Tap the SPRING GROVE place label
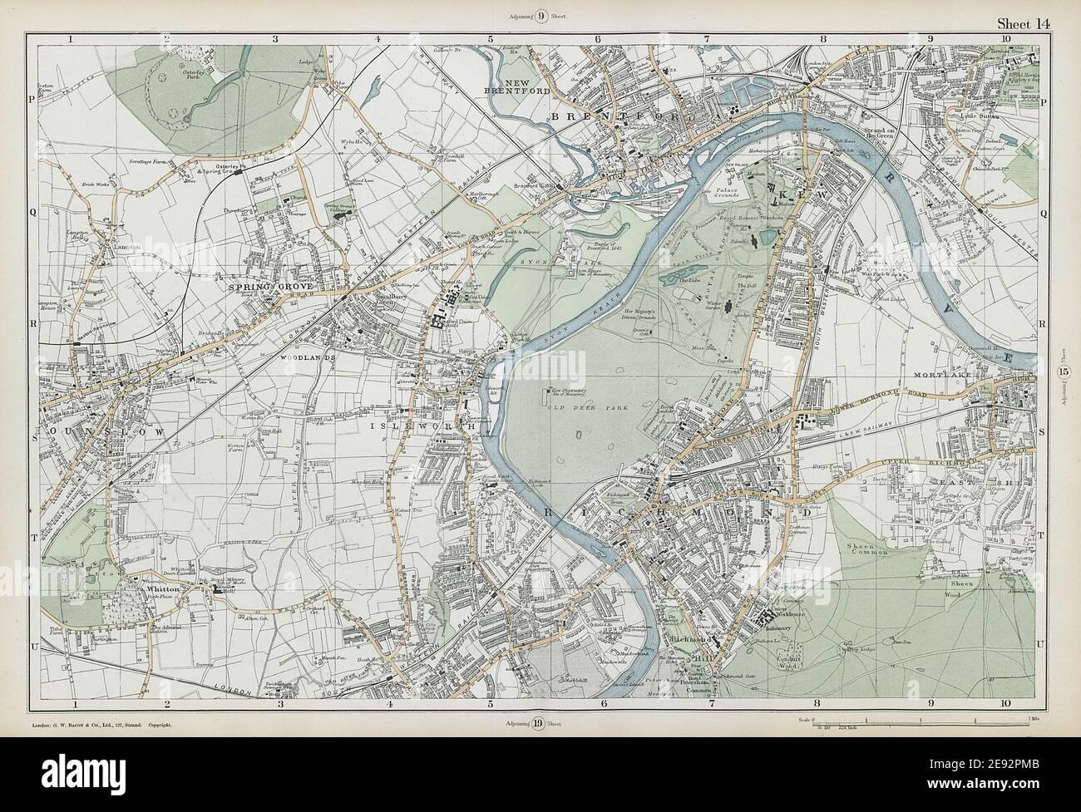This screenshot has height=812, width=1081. pos(258,288)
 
